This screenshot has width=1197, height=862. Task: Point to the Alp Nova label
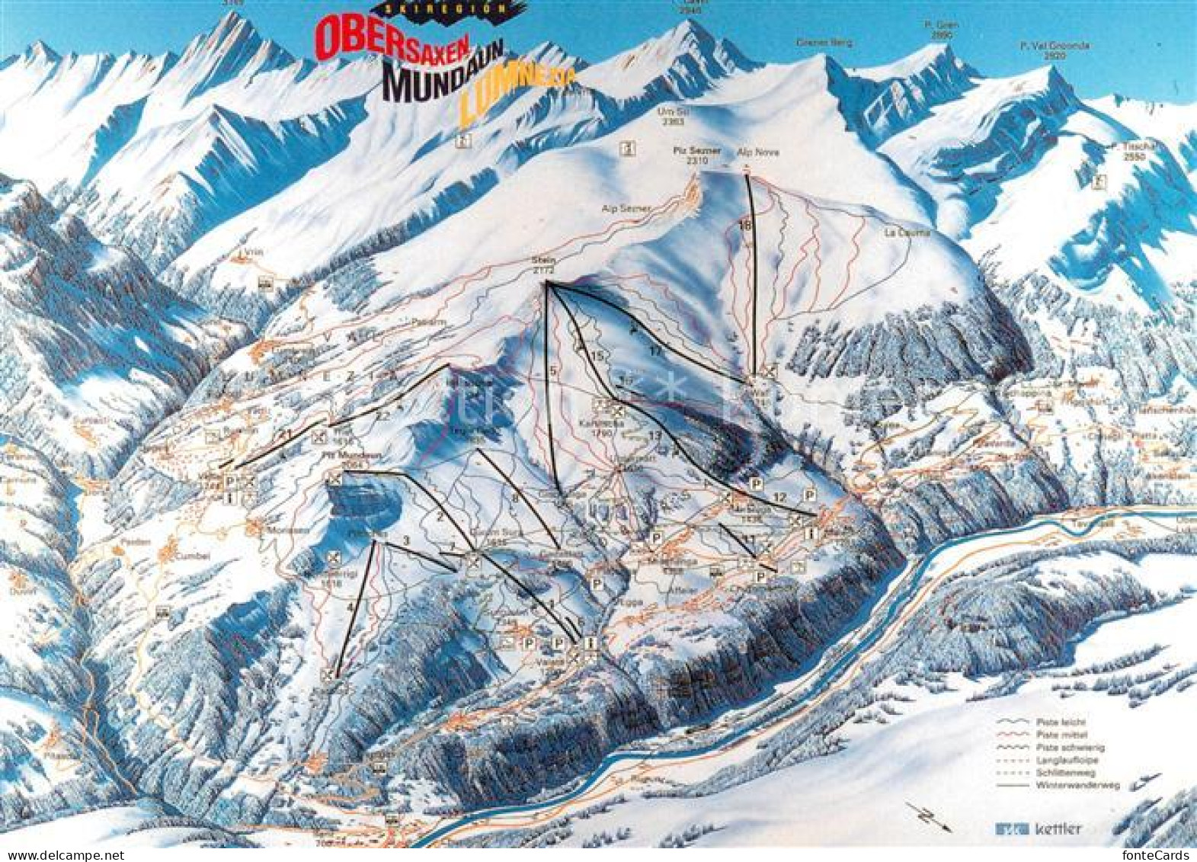click(747, 152)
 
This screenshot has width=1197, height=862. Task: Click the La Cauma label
click(898, 232)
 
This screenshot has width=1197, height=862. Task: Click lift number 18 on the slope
click(745, 224)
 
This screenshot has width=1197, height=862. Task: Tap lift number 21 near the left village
click(286, 434)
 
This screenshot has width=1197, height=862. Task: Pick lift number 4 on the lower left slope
click(351, 607)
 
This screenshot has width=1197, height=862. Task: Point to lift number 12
click(778, 498)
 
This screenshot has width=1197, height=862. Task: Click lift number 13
click(655, 434)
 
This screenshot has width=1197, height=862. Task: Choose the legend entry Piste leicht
click(1060, 722)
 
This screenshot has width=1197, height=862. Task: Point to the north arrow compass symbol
click(927, 816)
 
